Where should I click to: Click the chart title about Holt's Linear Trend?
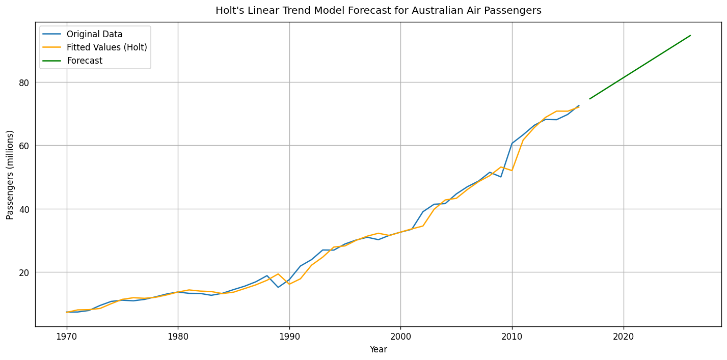coord(378,11)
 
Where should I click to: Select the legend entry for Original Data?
coord(94,35)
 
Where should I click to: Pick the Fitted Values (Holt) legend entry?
coord(106,48)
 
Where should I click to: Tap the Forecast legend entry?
coord(85,61)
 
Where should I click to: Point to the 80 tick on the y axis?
coord(24,82)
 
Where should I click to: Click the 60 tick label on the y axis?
coord(24,146)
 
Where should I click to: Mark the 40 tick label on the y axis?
coord(24,209)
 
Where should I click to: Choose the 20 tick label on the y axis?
coord(24,272)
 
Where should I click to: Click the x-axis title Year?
coord(378,350)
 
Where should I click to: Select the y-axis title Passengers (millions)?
coord(10,175)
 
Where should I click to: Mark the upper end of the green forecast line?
coord(690,35)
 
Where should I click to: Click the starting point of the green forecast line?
coord(590,99)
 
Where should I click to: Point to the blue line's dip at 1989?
coord(278,287)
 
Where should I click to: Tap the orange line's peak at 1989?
coord(278,274)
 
